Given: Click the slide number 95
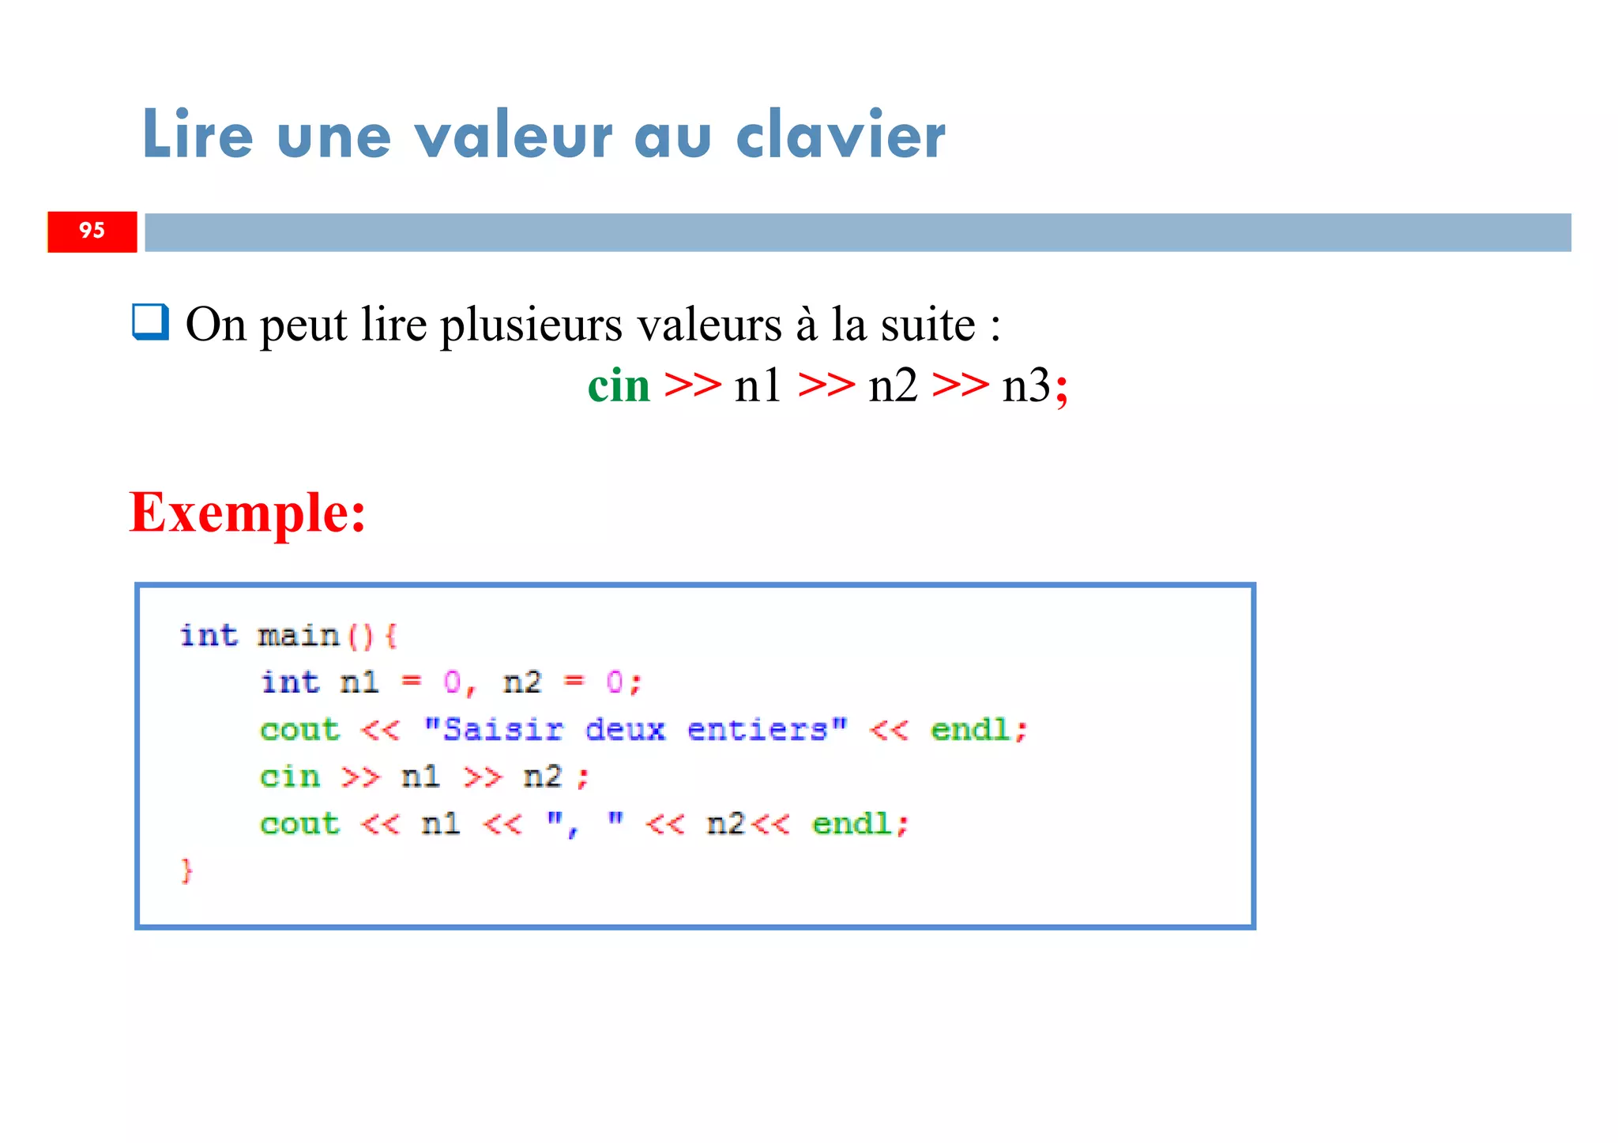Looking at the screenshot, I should tap(92, 231).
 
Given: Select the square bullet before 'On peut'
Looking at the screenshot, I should tap(150, 322).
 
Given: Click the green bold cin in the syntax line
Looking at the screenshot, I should tap(619, 386).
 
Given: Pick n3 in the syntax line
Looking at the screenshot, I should tap(1025, 386).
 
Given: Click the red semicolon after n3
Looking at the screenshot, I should tap(1062, 389).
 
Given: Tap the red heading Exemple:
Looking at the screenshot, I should tap(247, 513).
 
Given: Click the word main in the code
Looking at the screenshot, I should tap(298, 636).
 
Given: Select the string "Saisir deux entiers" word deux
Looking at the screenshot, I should tap(625, 730).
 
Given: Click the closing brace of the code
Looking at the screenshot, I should tap(186, 870).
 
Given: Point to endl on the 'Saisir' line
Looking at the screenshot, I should tap(971, 730).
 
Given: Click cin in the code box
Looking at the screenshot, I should tap(290, 777).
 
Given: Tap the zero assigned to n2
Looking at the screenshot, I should tap(614, 682).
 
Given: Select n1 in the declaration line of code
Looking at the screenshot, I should tap(359, 682).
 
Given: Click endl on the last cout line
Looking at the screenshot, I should tap(852, 825).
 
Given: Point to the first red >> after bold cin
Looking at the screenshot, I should tap(693, 386).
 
